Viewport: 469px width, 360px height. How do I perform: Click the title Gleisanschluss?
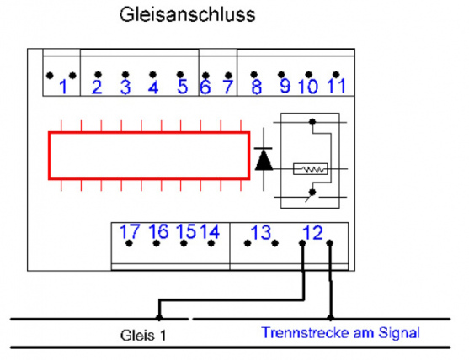coord(187,14)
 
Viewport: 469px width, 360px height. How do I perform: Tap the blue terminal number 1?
coord(63,87)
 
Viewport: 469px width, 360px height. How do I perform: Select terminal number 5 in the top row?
coord(183,87)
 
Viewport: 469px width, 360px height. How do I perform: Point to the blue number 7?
coord(228,87)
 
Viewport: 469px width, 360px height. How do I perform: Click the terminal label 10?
coord(308,87)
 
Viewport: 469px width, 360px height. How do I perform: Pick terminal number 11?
coord(337,86)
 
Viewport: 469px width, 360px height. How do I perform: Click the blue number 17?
coord(130,231)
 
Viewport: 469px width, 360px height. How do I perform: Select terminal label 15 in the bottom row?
coord(185,231)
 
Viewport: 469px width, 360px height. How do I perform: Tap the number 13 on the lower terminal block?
coord(261,232)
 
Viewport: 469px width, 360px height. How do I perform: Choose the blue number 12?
coord(313,232)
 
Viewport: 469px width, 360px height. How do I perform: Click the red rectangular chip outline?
coord(149,132)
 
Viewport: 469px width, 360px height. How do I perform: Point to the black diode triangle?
coord(264,160)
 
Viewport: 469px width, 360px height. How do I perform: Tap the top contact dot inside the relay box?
coord(312,122)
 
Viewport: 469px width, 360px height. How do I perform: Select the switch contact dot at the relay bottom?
coord(312,193)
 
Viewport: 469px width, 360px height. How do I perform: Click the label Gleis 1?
coord(143,336)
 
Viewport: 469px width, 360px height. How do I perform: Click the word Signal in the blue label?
coord(399,333)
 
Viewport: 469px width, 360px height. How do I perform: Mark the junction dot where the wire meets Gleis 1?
coord(159,317)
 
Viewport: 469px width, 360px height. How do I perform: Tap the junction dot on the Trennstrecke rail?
coord(330,317)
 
